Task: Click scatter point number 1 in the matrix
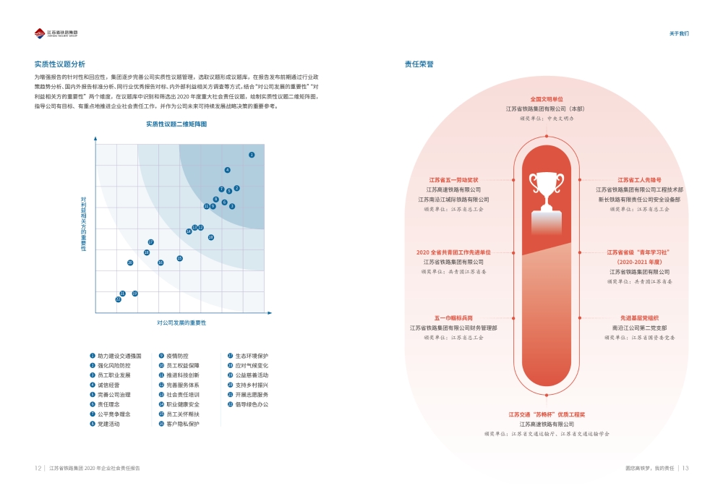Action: (252, 155)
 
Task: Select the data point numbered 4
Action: (227, 170)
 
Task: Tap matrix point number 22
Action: (119, 299)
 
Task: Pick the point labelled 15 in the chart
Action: (180, 258)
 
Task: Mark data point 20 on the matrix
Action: (130, 262)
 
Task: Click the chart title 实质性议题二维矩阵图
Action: (176, 124)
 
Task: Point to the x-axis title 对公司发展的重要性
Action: (181, 323)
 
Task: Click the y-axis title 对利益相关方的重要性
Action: (84, 223)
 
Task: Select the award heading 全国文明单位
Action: (547, 99)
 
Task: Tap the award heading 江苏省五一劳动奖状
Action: (453, 179)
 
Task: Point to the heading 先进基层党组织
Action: (639, 317)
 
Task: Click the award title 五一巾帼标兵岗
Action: (453, 317)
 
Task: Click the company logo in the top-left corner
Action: (57, 33)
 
